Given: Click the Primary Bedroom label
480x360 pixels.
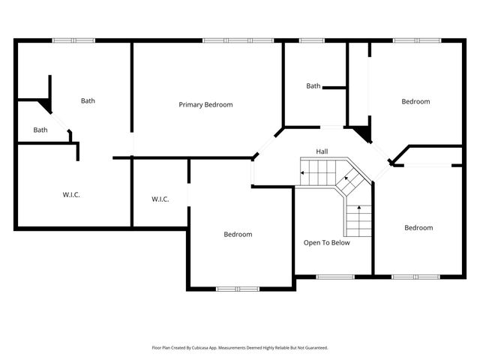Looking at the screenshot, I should (205, 104).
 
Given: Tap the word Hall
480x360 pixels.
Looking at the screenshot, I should (322, 151).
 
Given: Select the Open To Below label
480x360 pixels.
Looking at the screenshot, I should (326, 242).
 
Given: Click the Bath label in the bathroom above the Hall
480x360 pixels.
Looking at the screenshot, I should (313, 86).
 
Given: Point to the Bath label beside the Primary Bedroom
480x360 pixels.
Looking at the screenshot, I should (88, 100).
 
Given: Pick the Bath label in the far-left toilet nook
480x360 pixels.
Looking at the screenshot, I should (40, 130).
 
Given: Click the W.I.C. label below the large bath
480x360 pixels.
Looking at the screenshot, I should (71, 195).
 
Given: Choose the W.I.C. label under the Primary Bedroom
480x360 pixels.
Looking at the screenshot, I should (160, 199).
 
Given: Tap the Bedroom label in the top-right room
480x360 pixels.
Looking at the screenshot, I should (415, 101).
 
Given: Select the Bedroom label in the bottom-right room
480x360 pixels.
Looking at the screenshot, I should (418, 228).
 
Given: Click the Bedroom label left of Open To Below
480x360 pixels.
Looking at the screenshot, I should (238, 234).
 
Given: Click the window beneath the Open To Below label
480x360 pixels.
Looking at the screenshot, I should (334, 277).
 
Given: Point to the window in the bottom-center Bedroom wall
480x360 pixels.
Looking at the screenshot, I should (238, 288).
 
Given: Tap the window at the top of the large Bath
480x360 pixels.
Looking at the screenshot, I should (73, 40).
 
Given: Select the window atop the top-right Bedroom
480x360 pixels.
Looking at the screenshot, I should (416, 40).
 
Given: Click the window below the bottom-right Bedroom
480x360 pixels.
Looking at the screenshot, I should (416, 277).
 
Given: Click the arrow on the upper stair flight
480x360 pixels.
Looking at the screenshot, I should (304, 174).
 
